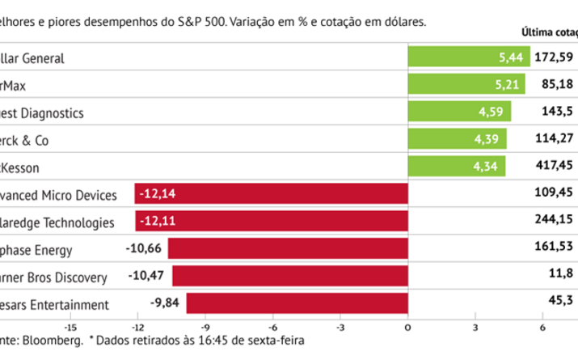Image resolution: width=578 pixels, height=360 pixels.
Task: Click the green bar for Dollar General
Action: [x=468, y=57]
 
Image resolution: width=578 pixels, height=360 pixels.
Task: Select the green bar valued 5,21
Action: [x=466, y=84]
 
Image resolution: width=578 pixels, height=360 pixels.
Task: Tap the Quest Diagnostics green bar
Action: [x=459, y=112]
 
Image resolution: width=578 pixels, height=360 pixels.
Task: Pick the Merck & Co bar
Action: [x=457, y=140]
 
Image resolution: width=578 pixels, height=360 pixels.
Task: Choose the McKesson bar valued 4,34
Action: [x=456, y=167]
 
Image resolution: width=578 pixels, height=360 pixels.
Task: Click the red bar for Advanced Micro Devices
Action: [x=271, y=195]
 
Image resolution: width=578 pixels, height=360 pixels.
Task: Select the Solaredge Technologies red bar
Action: [x=271, y=222]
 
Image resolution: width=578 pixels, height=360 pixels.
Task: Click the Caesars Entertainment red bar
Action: [x=297, y=304]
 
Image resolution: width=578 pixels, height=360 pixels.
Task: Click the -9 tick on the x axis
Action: [x=205, y=327]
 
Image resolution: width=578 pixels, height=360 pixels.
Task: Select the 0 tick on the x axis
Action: [x=407, y=327]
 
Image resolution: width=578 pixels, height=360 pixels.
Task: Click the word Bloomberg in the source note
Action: [x=56, y=341]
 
